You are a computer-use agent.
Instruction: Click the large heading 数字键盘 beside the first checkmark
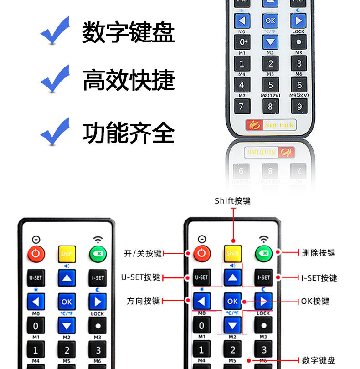point(128,32)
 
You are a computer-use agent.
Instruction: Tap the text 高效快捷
point(128,80)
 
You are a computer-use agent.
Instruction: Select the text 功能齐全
point(128,133)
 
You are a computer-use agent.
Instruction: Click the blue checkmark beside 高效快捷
point(55,79)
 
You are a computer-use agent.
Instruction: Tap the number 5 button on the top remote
point(271,85)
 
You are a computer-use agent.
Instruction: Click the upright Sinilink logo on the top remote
point(271,124)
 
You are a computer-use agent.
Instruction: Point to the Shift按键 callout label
point(232,201)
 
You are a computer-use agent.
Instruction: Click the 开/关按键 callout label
point(143,253)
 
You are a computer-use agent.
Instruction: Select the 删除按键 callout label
point(319,253)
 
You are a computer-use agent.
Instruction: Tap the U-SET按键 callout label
point(140,277)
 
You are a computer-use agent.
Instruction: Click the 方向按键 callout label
point(143,301)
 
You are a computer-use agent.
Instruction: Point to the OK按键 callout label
point(315,301)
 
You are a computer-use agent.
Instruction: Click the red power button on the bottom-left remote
point(36,253)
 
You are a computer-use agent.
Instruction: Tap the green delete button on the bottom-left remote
point(98,253)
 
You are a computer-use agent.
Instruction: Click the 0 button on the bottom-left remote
point(36,325)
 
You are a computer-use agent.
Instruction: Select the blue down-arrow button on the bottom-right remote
point(232,325)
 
